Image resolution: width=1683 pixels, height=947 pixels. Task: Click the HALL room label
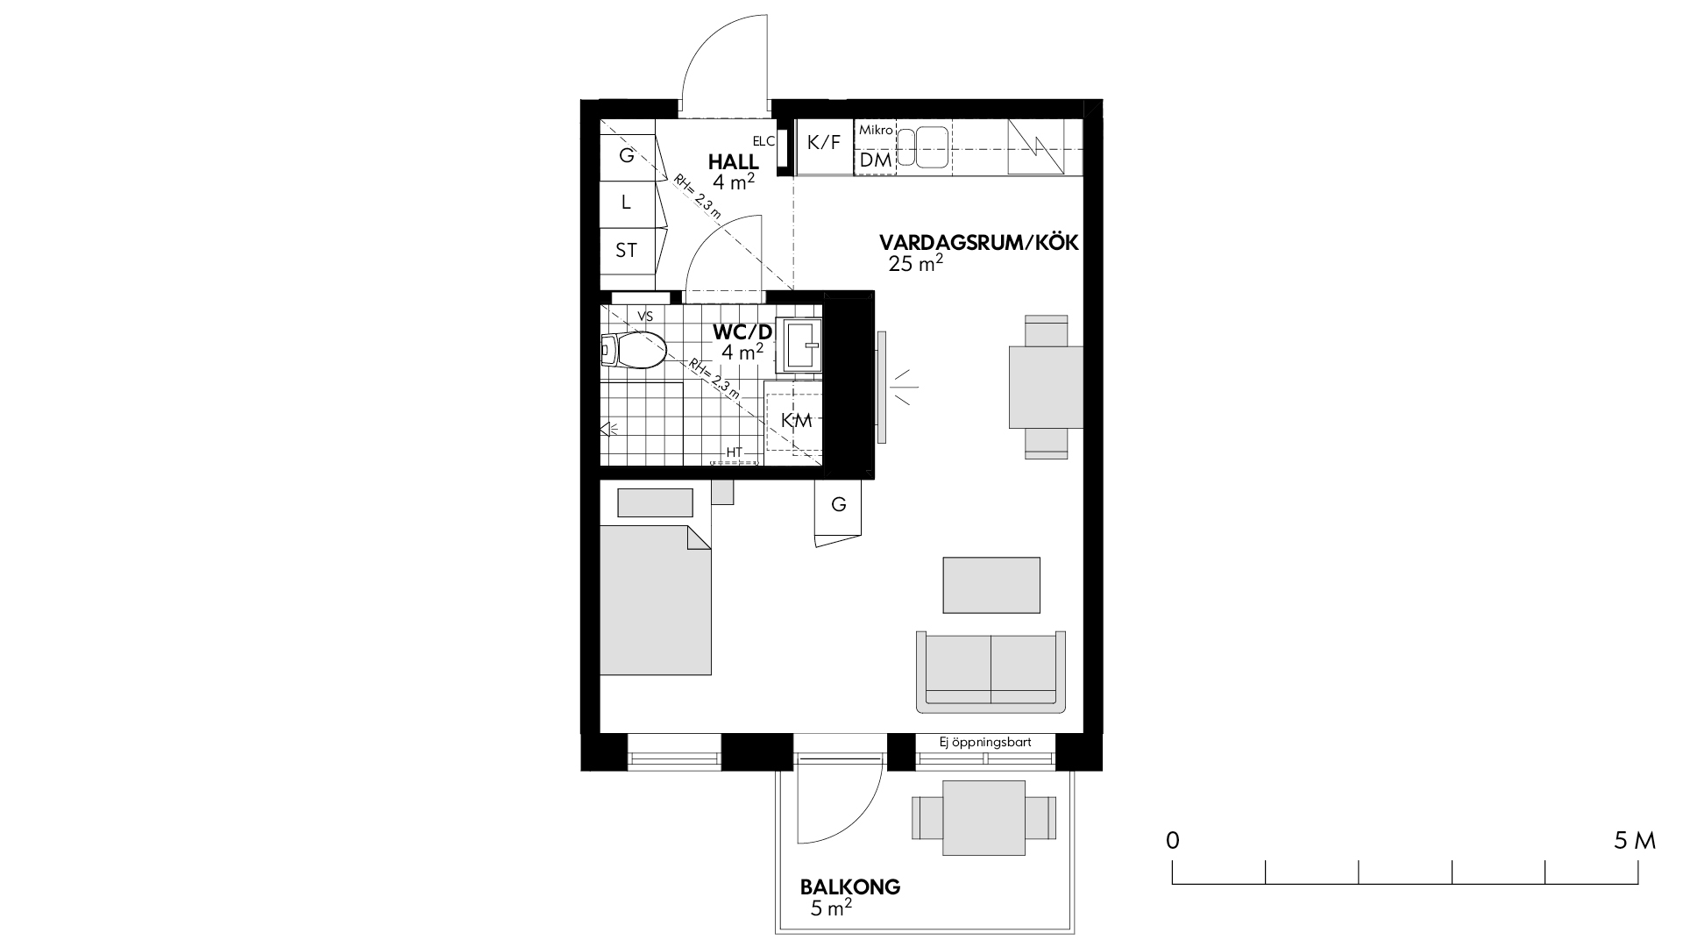point(734,162)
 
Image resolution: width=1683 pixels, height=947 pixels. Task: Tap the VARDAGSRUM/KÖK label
point(979,243)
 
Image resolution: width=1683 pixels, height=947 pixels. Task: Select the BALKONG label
point(850,886)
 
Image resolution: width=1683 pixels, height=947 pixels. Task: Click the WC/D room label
point(743,332)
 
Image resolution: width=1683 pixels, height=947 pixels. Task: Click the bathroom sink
point(800,345)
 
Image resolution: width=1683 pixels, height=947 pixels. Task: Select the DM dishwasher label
point(875,160)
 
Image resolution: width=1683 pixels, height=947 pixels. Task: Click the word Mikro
point(876,130)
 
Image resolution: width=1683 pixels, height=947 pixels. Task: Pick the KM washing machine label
point(797,421)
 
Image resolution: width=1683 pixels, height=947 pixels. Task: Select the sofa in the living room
point(991,671)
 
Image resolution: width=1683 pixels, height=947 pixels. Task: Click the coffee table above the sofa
point(991,585)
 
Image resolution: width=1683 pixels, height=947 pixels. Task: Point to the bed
point(655,600)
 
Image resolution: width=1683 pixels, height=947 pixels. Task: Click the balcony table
point(984,818)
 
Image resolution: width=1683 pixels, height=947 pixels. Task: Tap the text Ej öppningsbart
point(985,743)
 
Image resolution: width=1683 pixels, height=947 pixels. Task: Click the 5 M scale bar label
point(1635,841)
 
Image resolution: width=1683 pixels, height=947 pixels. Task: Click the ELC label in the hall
point(763,141)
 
